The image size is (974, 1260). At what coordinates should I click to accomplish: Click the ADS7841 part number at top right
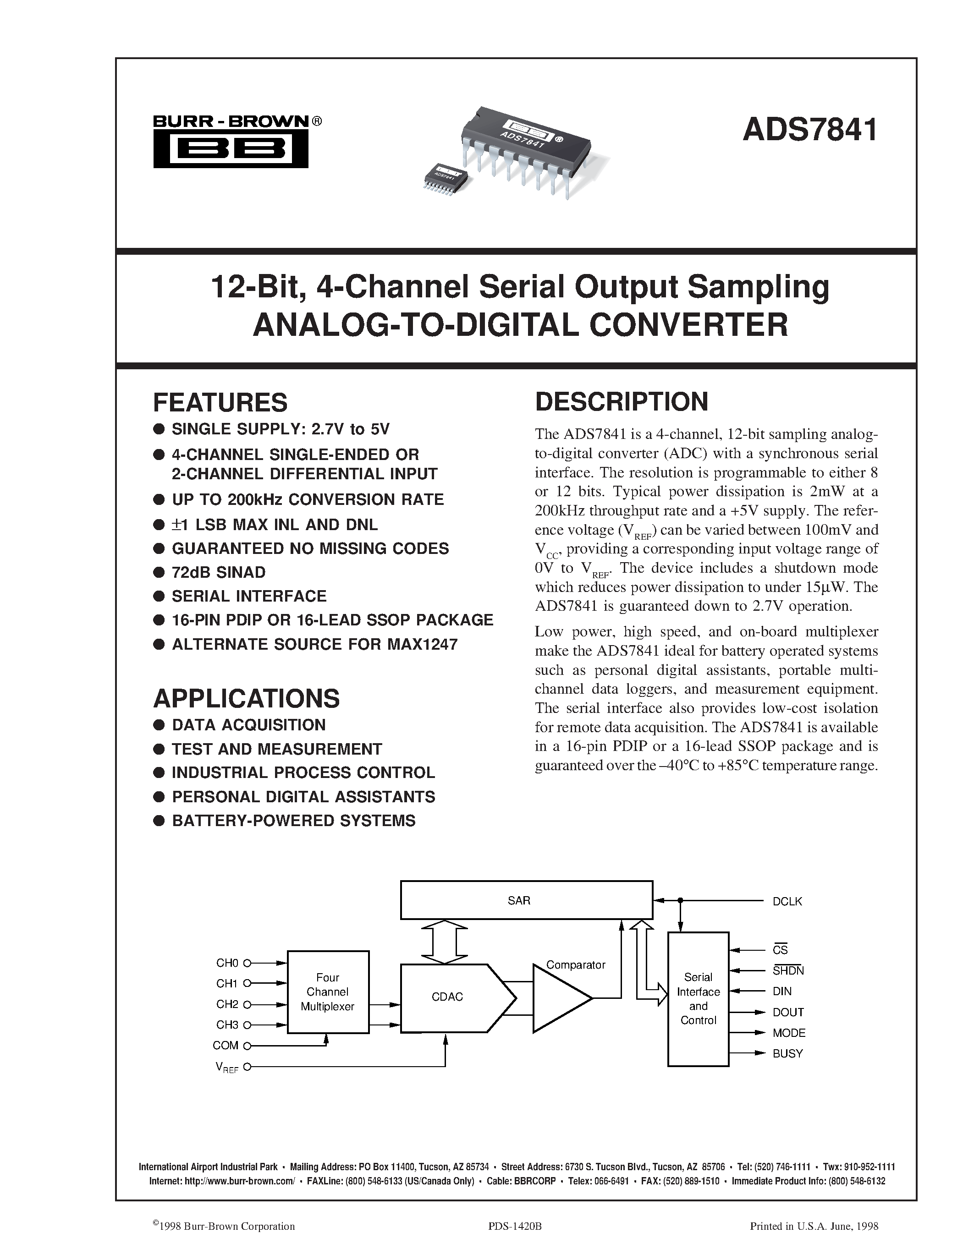point(810,129)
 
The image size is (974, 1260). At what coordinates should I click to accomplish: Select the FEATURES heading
point(220,402)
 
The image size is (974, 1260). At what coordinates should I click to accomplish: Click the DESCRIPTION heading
point(622,401)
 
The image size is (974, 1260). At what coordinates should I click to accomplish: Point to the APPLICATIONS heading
point(247,698)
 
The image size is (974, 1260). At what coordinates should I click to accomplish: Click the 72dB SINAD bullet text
point(219,572)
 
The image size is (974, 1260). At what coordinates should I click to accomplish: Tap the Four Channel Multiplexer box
point(328,992)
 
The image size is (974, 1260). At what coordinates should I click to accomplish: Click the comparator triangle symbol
point(560,998)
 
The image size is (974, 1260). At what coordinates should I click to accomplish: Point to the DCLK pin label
point(787,901)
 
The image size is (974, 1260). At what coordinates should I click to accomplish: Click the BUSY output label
point(787,1053)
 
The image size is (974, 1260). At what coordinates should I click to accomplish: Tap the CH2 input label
point(227,1004)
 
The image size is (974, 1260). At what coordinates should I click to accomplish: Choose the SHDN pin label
point(787,970)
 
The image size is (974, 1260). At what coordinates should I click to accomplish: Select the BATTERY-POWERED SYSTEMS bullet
point(293,821)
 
